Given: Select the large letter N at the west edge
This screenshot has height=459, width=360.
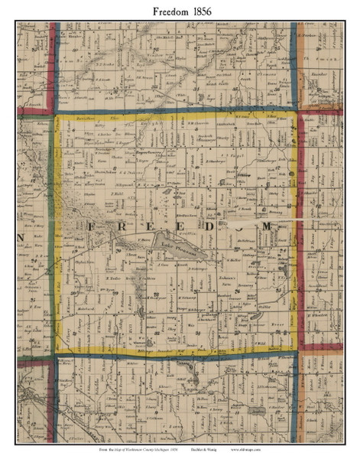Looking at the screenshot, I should click(x=21, y=228).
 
